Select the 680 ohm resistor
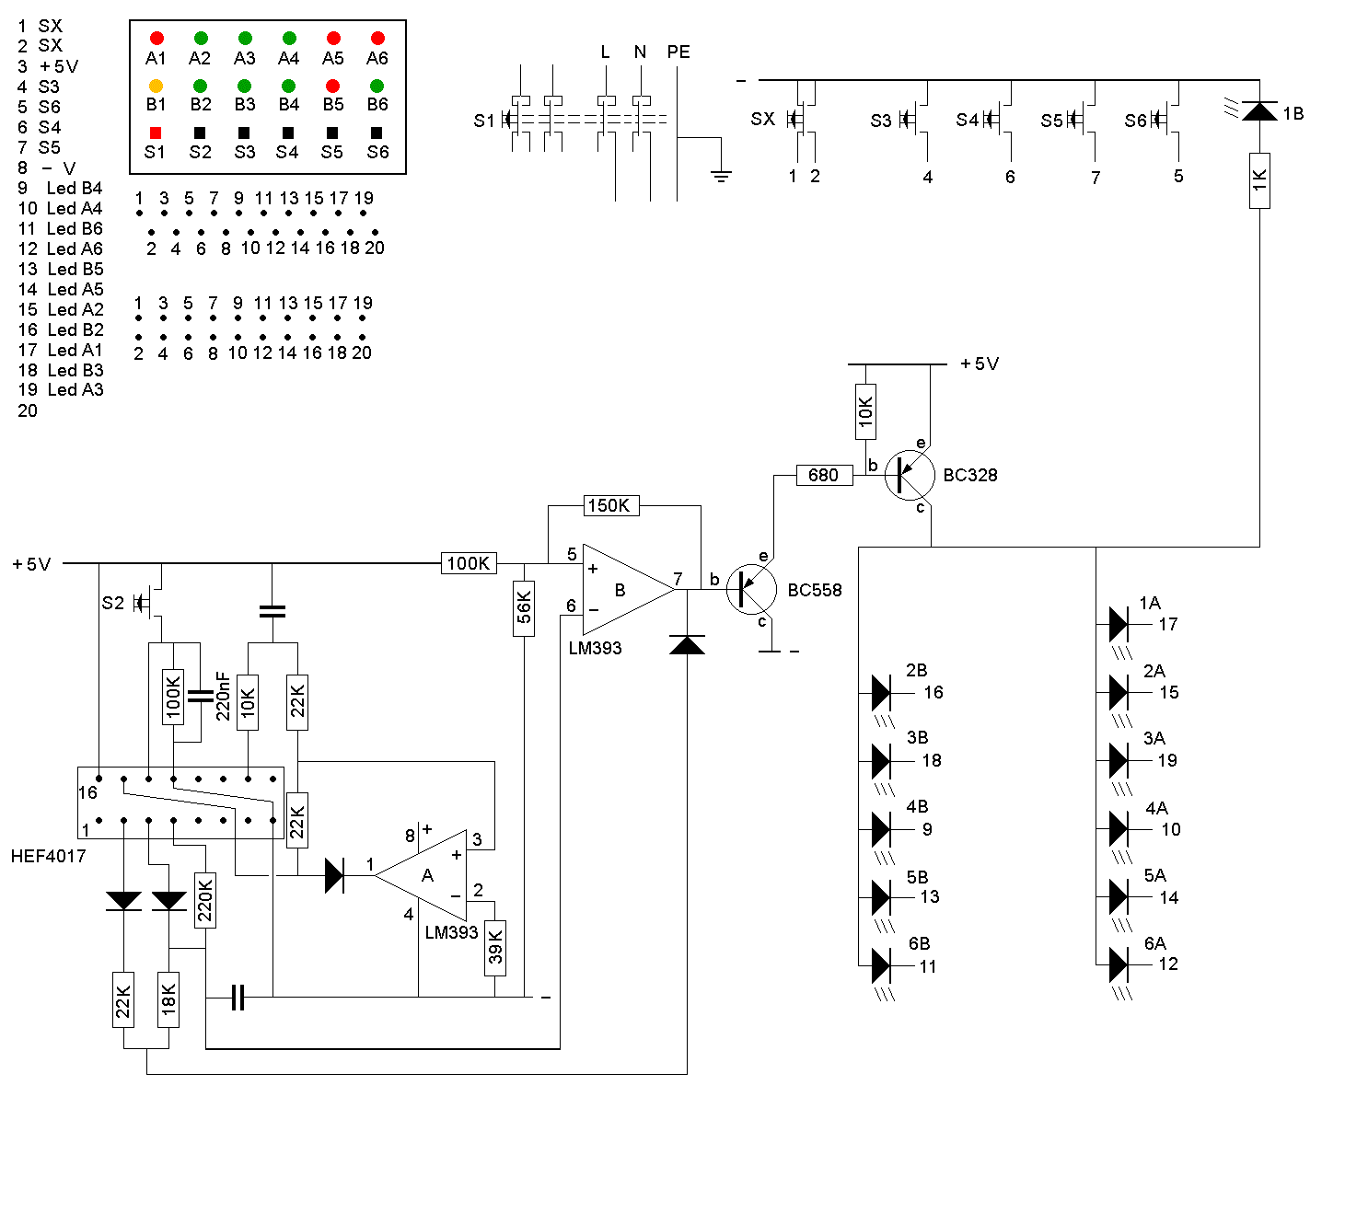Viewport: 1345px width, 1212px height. (823, 475)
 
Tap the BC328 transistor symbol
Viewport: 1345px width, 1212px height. (910, 475)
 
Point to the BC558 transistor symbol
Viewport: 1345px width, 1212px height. (751, 590)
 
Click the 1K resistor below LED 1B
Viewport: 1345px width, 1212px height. (1259, 180)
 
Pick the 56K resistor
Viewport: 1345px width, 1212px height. (524, 607)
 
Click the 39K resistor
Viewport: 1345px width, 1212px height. (495, 947)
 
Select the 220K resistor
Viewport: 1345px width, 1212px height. (205, 900)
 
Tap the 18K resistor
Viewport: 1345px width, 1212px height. (168, 999)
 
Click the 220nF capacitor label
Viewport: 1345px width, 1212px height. (223, 695)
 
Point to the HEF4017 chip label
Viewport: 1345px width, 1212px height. (48, 856)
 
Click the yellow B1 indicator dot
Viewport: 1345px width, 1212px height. (157, 87)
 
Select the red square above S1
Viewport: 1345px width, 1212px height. (156, 133)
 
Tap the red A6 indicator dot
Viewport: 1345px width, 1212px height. (377, 39)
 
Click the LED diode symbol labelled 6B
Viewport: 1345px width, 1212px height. (881, 966)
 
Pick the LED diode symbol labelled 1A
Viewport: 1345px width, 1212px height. (1119, 624)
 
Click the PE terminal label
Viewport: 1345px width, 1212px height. (678, 52)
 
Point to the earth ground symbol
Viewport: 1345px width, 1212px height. (722, 174)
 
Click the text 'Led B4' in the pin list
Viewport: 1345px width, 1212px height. (75, 188)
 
